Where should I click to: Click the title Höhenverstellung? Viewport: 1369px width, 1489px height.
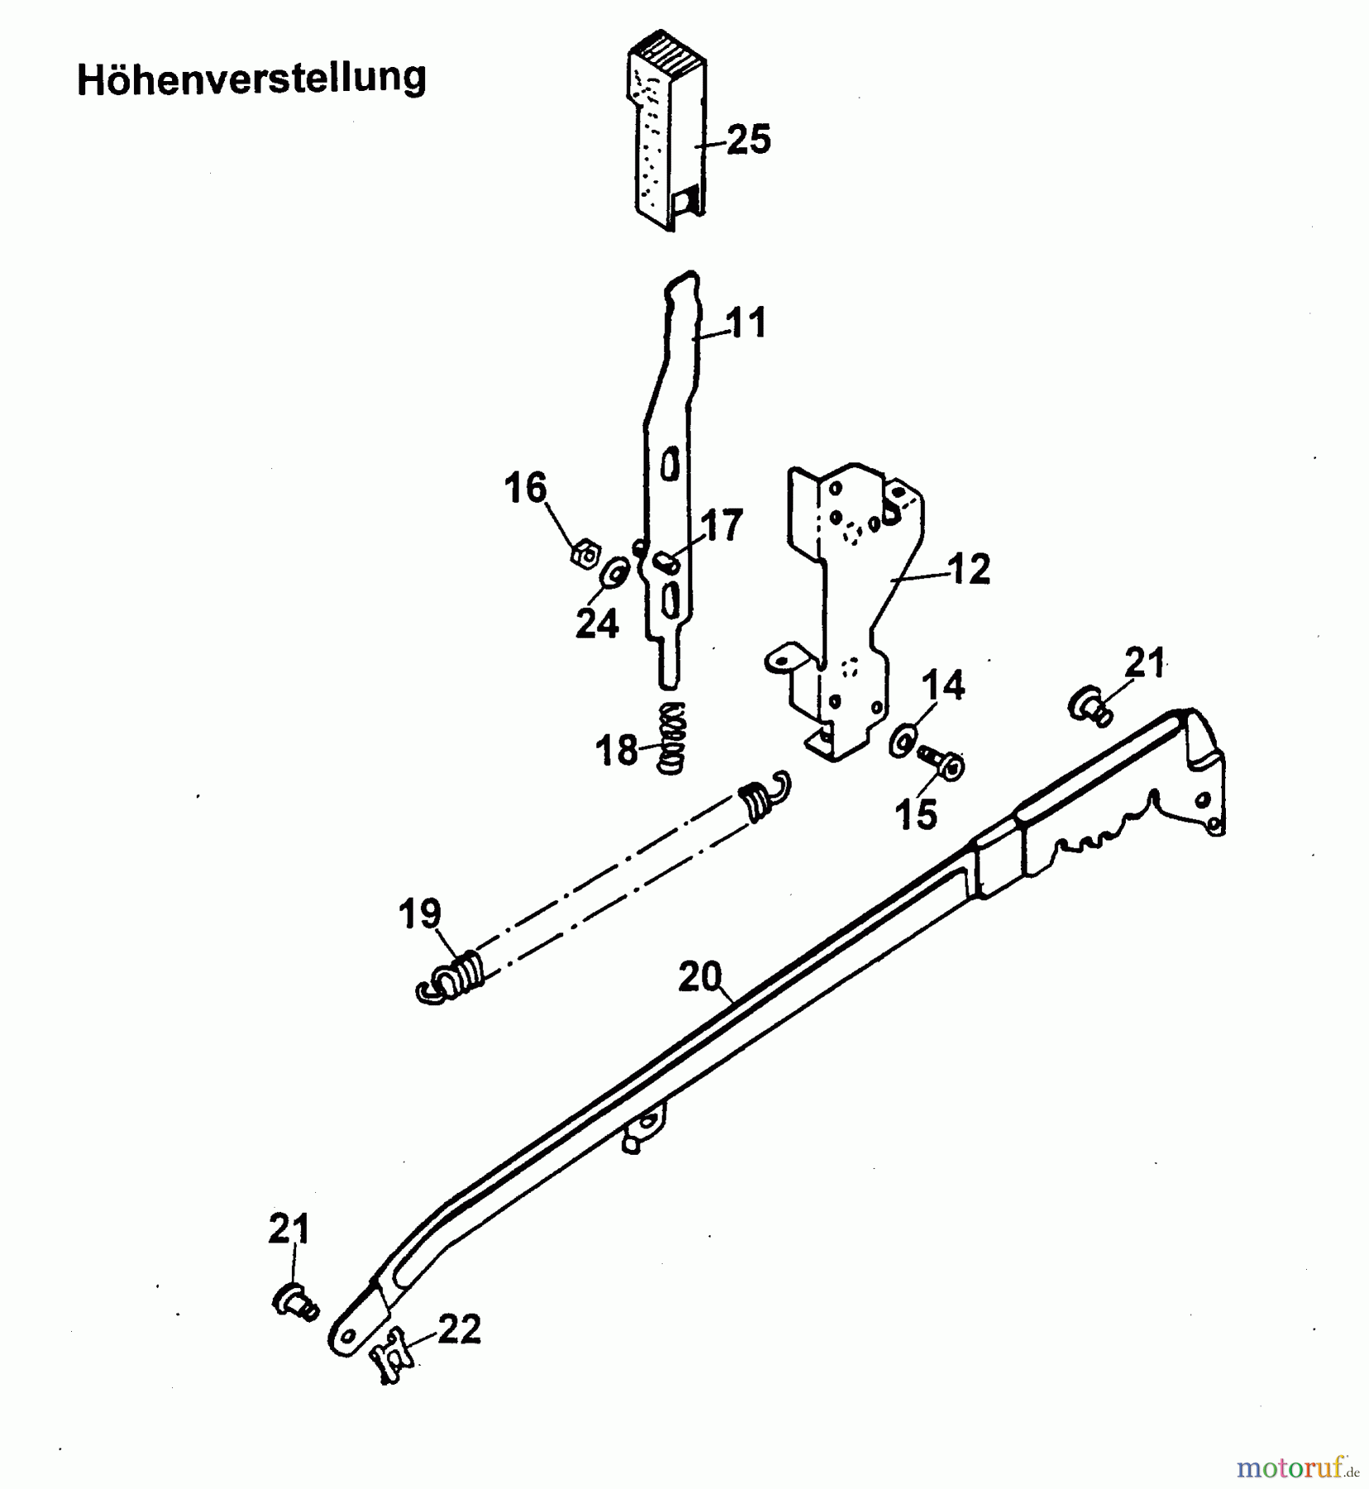[x=251, y=79]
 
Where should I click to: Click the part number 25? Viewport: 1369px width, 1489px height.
[x=749, y=139]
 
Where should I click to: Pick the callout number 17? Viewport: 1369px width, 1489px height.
[x=722, y=526]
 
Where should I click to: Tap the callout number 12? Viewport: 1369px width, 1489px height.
[x=969, y=569]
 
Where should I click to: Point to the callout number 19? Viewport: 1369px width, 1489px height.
[x=419, y=915]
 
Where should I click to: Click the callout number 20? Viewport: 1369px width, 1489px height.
[x=700, y=977]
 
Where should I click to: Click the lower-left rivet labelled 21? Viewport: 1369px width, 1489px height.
[x=294, y=1302]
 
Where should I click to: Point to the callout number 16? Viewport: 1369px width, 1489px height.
[x=526, y=488]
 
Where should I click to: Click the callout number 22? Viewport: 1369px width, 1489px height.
[x=459, y=1330]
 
